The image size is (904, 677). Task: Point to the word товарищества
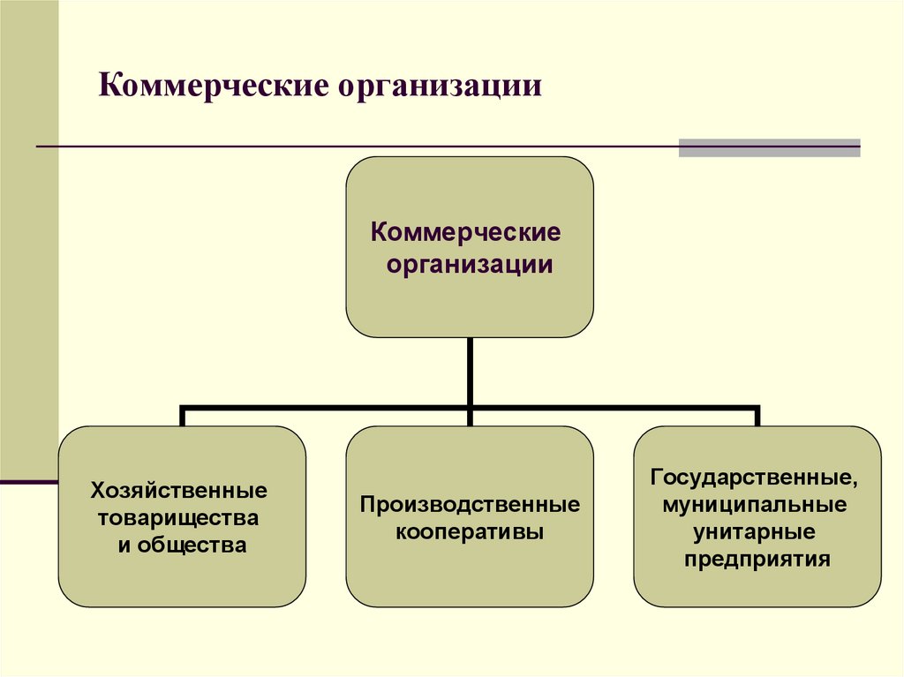pyautogui.click(x=179, y=516)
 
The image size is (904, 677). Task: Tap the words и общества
pyautogui.click(x=182, y=545)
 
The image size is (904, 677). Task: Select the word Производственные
pyautogui.click(x=470, y=505)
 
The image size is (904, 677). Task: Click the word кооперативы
pyautogui.click(x=470, y=532)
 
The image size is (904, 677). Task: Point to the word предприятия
pyautogui.click(x=757, y=560)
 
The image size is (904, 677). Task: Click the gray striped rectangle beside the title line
pyautogui.click(x=769, y=147)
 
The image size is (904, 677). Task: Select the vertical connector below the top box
pyautogui.click(x=470, y=372)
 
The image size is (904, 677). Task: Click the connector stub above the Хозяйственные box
pyautogui.click(x=183, y=417)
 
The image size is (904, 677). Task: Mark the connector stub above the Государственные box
pyautogui.click(x=757, y=417)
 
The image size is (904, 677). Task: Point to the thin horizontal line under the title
pyautogui.click(x=353, y=146)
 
